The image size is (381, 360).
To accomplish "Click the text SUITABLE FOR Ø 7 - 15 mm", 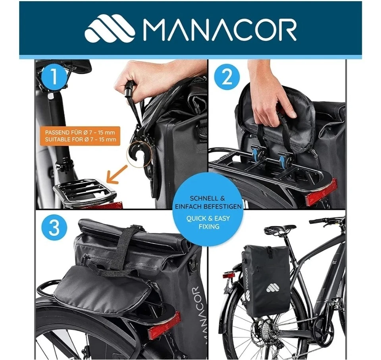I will click(81, 139).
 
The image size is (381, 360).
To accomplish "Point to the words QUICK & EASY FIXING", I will click(208, 223).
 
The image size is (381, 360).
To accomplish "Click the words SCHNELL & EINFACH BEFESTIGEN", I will click(208, 202).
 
